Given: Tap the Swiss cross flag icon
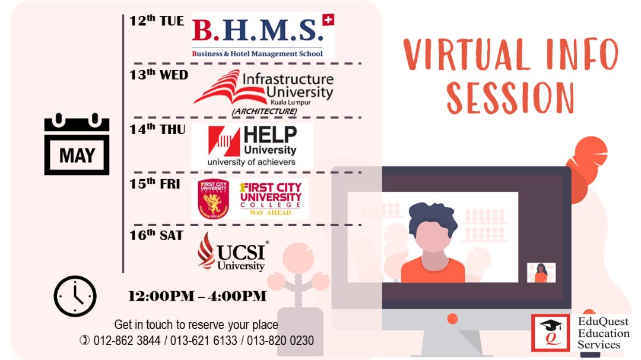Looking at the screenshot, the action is tap(328, 19).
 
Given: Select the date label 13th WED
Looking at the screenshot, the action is tap(159, 74).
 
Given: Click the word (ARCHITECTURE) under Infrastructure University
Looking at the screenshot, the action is tap(265, 111).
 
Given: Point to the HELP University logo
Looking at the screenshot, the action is tap(252, 146).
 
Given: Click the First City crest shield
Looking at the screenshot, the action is tap(214, 199).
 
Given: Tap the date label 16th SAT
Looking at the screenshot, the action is tap(156, 235).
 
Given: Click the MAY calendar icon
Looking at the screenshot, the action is tap(77, 144).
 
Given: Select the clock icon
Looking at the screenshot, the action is tap(75, 297).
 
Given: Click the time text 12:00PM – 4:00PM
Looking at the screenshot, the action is tap(197, 296).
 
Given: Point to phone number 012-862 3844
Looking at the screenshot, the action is tap(127, 340).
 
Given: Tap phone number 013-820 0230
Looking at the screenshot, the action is tap(280, 340).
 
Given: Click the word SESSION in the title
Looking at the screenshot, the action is tap(510, 98).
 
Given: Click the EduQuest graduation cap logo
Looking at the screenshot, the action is tap(550, 333).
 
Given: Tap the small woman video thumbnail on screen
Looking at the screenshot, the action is tap(541, 273).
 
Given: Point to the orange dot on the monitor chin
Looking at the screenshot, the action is tap(452, 318).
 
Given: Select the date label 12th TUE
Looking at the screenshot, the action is tap(157, 20).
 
